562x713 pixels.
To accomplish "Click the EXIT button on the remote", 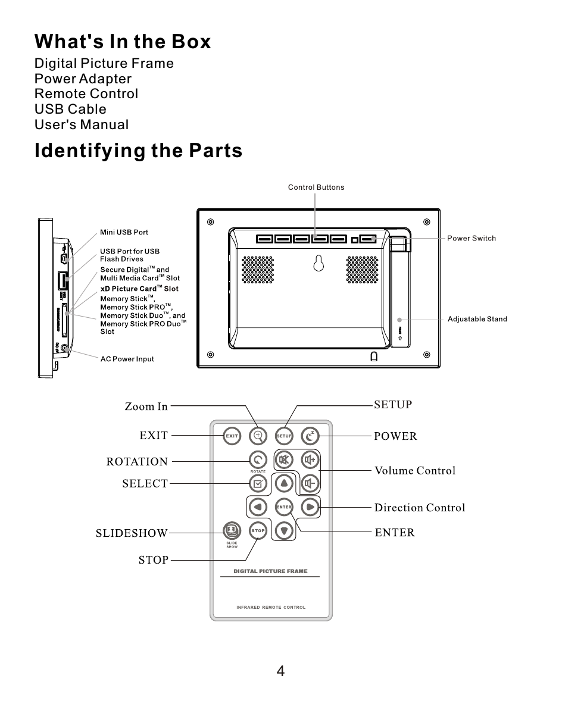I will [232, 436].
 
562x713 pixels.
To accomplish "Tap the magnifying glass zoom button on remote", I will [258, 436].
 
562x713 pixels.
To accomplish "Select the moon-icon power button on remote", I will [310, 436].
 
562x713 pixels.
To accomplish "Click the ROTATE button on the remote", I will [258, 460].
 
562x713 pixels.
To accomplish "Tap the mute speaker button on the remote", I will [284, 460].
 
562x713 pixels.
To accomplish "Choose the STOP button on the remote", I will [258, 530].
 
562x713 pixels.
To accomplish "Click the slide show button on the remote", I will [232, 530].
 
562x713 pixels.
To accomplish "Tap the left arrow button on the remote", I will [257, 507].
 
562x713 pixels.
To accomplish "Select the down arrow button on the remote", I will [285, 530].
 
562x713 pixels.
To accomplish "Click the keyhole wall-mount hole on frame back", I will [319, 263].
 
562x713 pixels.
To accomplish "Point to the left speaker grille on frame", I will [258, 270].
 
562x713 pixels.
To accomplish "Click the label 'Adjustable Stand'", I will [477, 319].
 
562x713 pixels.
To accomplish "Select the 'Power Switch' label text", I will [471, 239].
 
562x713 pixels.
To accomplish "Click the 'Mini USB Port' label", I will [124, 232].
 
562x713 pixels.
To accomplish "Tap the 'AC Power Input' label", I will [127, 359].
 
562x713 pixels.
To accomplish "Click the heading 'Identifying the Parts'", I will [139, 151].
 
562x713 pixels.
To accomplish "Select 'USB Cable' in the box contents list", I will [70, 110].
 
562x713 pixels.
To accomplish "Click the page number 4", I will [280, 672].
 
